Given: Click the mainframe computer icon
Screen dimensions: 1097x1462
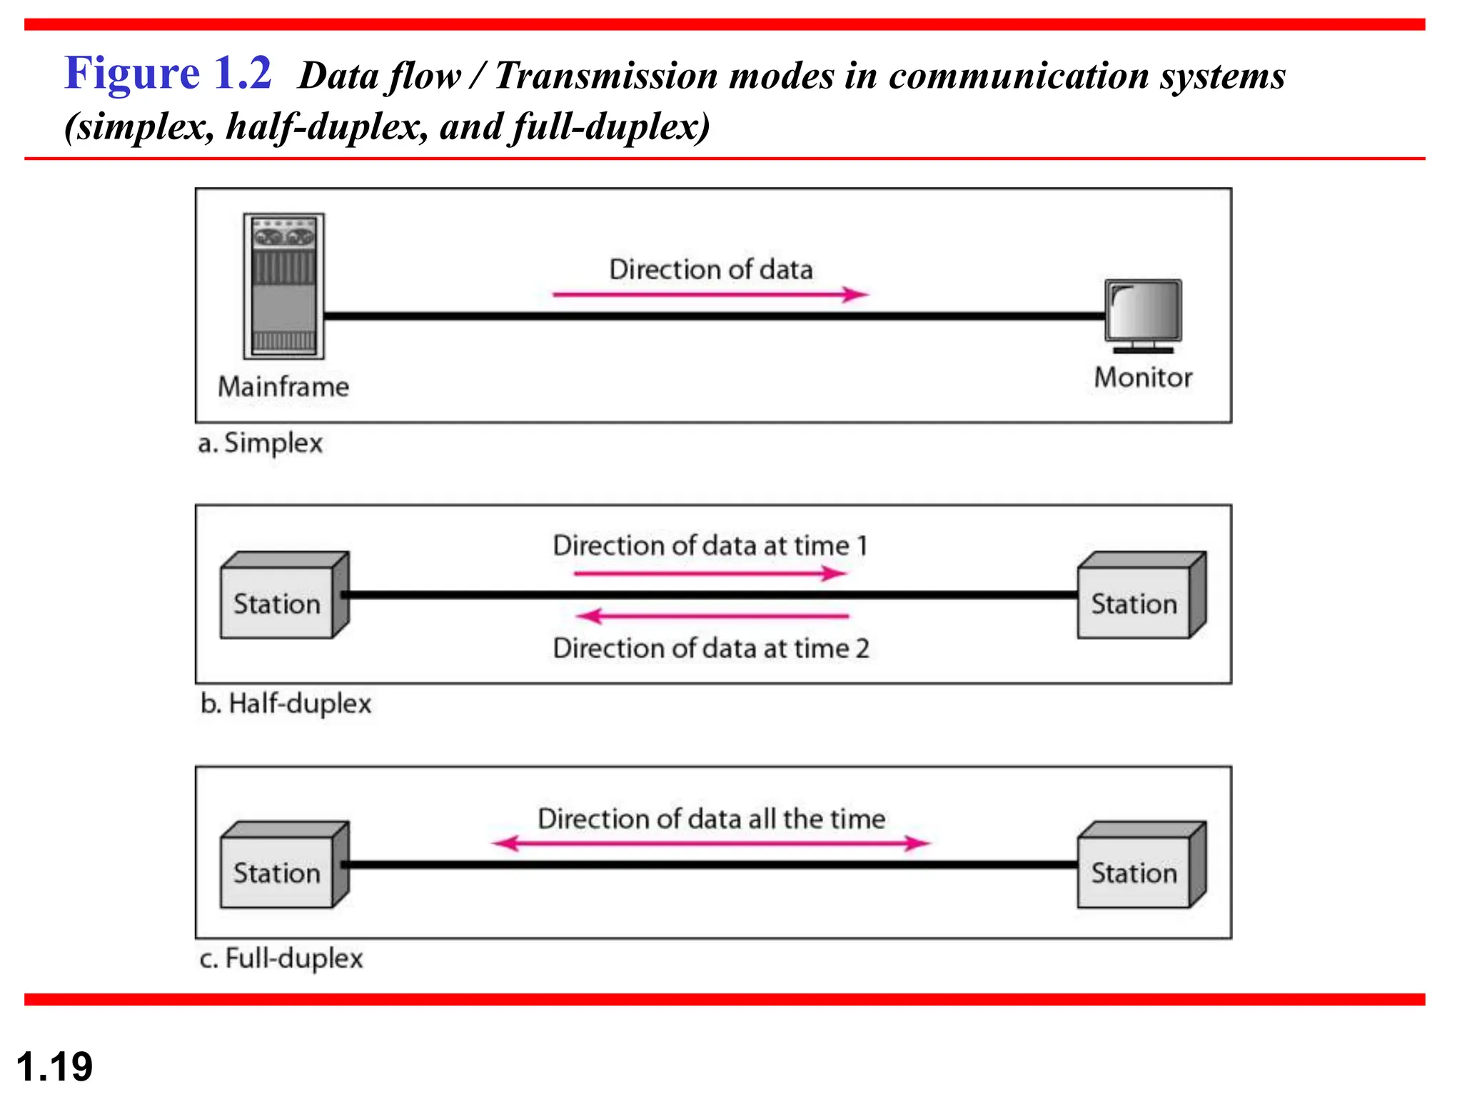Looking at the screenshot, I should [x=283, y=286].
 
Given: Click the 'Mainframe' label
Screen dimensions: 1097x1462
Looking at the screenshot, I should [x=283, y=387].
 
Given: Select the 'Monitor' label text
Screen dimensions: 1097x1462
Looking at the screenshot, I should [x=1143, y=378].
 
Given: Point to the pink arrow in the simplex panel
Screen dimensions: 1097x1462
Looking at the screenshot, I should [x=710, y=294].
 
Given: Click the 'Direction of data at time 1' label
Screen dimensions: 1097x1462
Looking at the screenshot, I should [x=710, y=546].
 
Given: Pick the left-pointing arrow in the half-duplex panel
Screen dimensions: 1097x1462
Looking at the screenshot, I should [x=712, y=616].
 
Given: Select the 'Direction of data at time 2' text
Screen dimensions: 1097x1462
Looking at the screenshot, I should [x=711, y=648].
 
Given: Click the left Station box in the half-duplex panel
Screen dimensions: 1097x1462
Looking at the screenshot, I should [x=283, y=596].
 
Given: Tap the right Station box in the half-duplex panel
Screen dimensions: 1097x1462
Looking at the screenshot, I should [x=1140, y=596].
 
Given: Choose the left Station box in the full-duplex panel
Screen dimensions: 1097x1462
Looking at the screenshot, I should [x=283, y=866].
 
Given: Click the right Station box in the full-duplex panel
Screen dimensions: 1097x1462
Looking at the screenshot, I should [x=1140, y=866].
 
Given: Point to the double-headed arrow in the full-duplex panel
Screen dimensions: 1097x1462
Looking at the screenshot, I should [x=711, y=843].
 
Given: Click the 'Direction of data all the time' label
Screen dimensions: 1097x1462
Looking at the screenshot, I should [x=711, y=818].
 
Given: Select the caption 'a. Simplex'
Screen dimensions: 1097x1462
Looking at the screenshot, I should [x=260, y=444].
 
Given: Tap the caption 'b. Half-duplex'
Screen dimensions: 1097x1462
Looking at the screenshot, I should [x=286, y=704].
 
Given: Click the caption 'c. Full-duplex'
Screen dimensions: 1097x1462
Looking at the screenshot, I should [x=281, y=958].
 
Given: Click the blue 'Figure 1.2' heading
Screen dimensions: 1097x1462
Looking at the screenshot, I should [x=168, y=73].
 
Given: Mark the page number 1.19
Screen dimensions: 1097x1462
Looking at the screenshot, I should [x=54, y=1066].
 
